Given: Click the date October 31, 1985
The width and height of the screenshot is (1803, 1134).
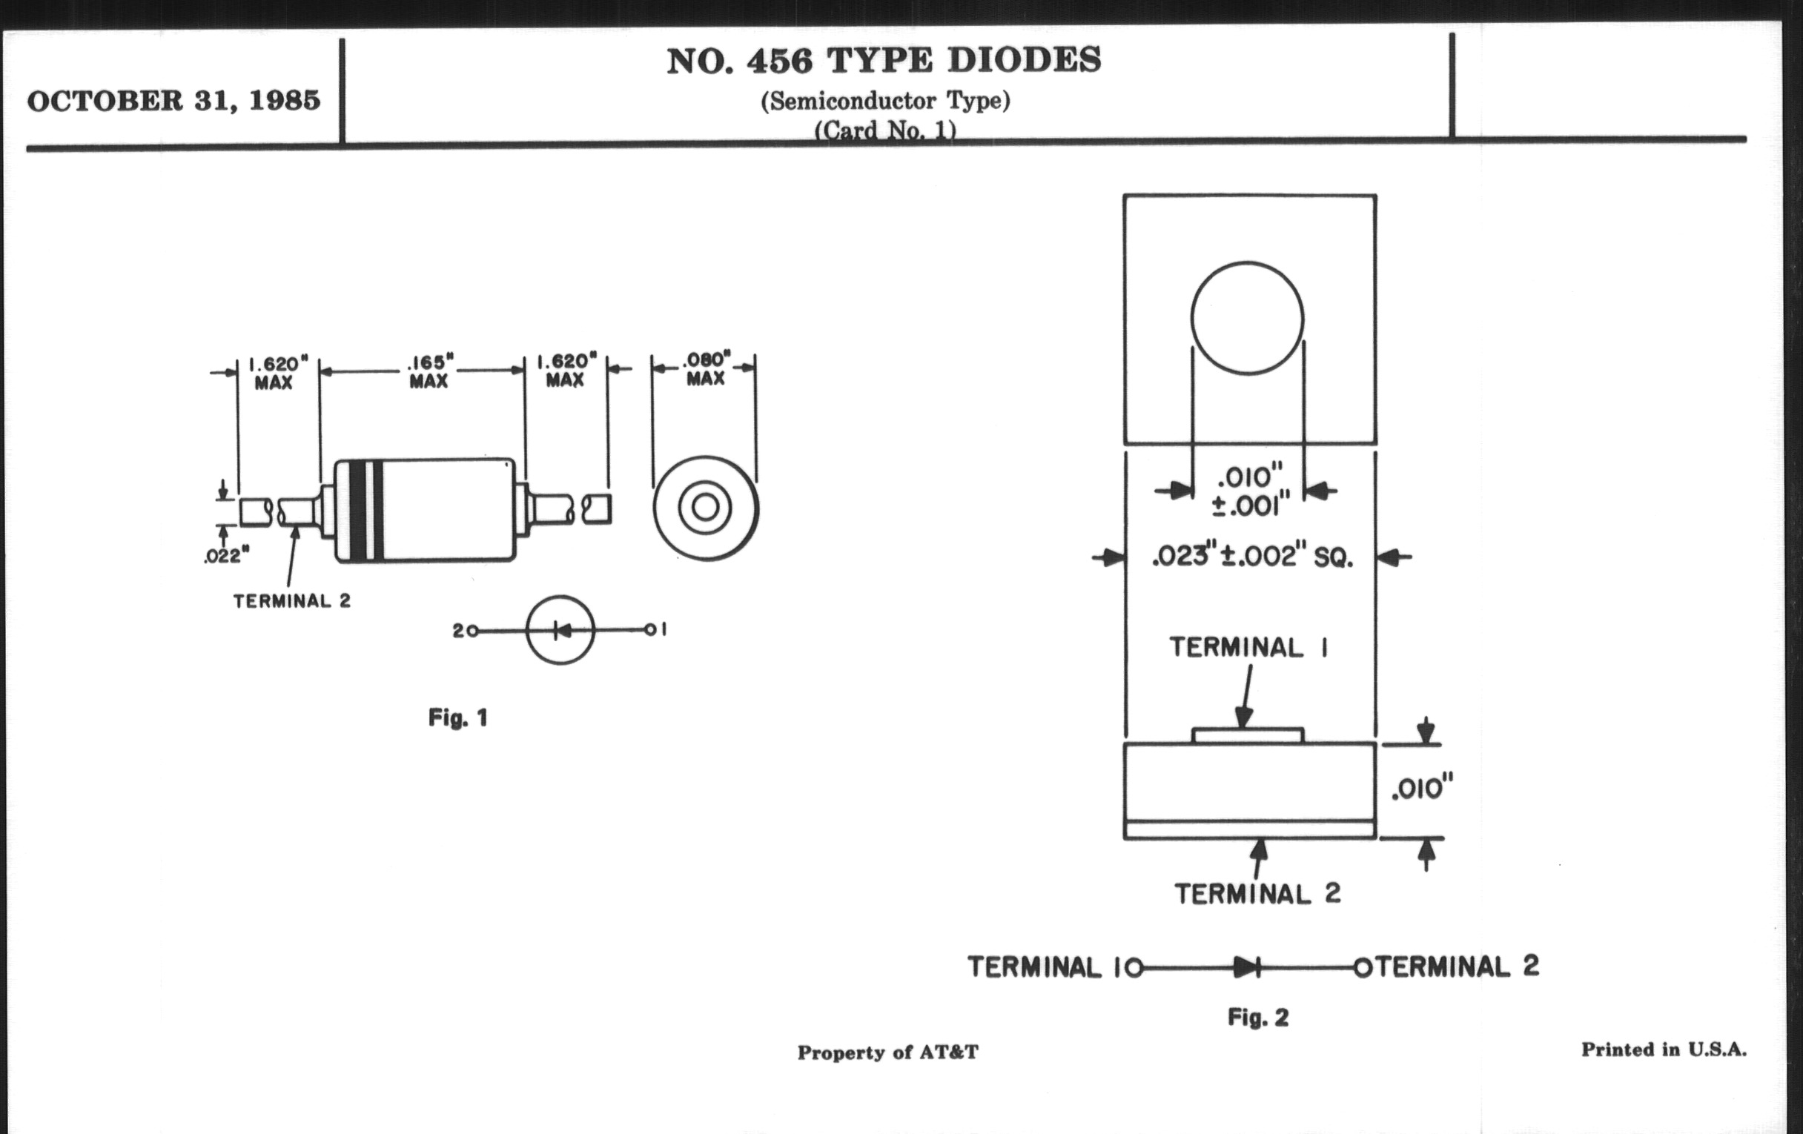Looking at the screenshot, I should pyautogui.click(x=173, y=101).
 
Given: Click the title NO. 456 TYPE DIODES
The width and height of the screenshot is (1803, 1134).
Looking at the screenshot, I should pyautogui.click(x=884, y=61).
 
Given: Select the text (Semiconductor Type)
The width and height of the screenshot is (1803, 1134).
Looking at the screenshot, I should pyautogui.click(x=885, y=100).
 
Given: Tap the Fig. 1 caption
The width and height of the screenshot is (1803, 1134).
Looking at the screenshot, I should pyautogui.click(x=457, y=717).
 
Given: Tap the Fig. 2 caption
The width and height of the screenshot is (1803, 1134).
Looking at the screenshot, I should pyautogui.click(x=1258, y=1017).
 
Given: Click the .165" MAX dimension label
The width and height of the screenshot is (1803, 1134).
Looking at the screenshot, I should pyautogui.click(x=429, y=371).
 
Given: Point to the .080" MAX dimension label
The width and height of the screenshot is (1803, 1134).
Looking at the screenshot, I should pyautogui.click(x=705, y=368).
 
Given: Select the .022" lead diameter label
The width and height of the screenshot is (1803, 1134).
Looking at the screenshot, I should pyautogui.click(x=225, y=555).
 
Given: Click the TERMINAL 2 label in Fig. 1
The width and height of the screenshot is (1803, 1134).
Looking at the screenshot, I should pyautogui.click(x=291, y=601).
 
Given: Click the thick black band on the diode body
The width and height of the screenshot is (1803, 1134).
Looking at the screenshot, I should pyautogui.click(x=359, y=511).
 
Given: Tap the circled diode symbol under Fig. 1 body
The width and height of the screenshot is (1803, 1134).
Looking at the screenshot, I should pyautogui.click(x=560, y=630).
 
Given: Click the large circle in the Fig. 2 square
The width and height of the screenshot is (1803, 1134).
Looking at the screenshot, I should pyautogui.click(x=1247, y=318).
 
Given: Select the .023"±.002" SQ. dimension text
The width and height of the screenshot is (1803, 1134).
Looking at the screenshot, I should pyautogui.click(x=1252, y=557).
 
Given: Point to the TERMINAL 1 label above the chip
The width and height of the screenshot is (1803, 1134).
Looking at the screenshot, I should pyautogui.click(x=1249, y=648).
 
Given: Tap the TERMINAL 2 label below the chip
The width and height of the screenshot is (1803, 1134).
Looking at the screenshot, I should pyautogui.click(x=1257, y=894).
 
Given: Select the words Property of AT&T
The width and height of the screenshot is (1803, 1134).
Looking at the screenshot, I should pyautogui.click(x=887, y=1052).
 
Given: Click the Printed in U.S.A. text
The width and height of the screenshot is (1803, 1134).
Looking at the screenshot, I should pyautogui.click(x=1663, y=1050).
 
